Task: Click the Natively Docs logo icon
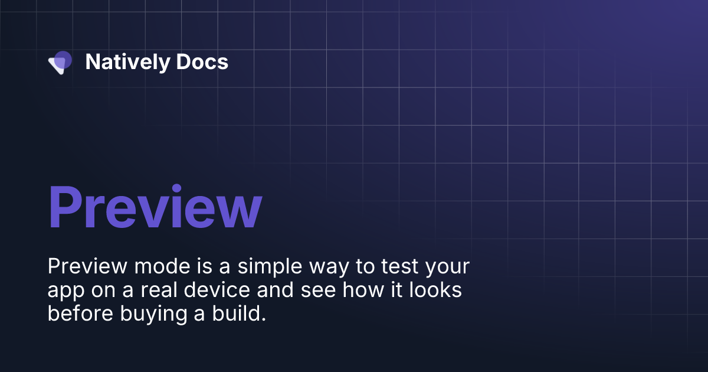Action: coord(60,62)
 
